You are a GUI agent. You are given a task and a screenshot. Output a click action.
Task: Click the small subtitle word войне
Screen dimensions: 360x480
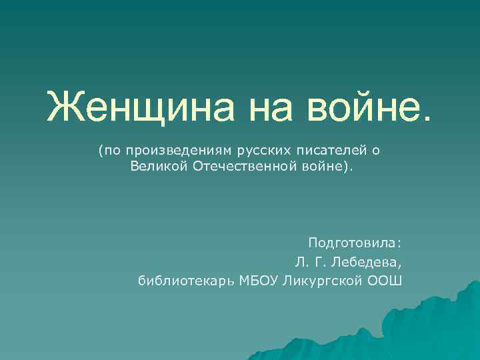pos(321,165)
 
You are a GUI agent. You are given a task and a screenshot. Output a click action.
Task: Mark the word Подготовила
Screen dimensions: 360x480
pos(354,243)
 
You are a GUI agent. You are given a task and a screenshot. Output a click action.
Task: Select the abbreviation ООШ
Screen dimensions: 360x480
pos(385,279)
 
